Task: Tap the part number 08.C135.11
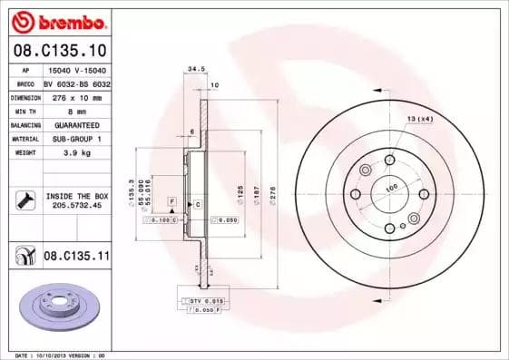coord(76,257)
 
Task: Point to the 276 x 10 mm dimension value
coord(73,97)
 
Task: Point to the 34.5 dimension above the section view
coord(192,68)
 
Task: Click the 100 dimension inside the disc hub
coord(393,188)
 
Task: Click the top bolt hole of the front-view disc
coord(389,160)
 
